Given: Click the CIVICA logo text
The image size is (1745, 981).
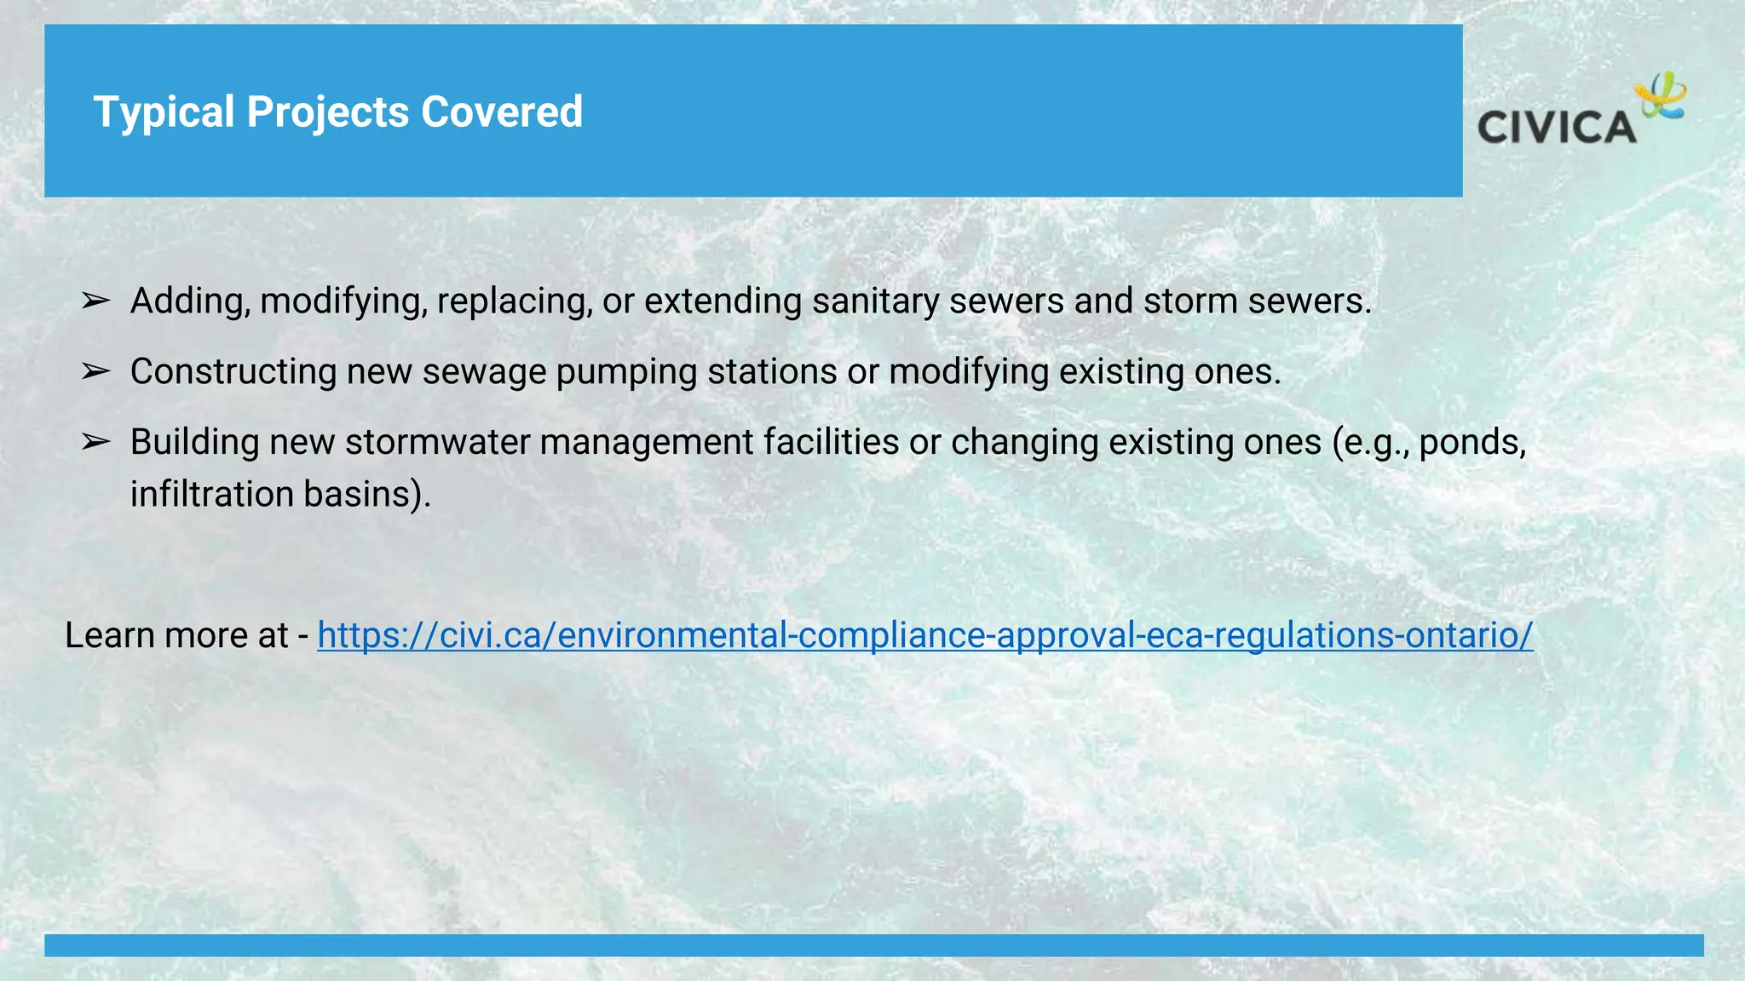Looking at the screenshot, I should tap(1557, 128).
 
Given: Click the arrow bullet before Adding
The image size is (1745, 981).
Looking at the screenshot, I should tap(95, 301).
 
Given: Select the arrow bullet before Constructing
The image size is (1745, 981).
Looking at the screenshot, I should tap(95, 372).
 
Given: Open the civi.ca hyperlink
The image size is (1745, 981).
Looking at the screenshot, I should tap(924, 635).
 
